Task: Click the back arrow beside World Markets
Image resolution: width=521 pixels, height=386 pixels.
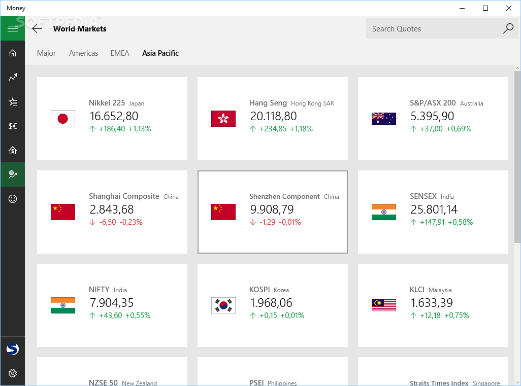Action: pyautogui.click(x=37, y=28)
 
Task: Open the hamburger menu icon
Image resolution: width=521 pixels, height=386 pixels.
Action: pyautogui.click(x=13, y=28)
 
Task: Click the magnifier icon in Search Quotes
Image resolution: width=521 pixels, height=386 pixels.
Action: pyautogui.click(x=508, y=28)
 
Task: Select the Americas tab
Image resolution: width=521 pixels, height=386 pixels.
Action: pyautogui.click(x=83, y=53)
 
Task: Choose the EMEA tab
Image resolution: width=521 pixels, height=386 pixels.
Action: pyautogui.click(x=120, y=53)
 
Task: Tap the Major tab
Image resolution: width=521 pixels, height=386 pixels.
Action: pyautogui.click(x=46, y=53)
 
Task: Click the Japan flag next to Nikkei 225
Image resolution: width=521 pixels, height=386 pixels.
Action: pyautogui.click(x=63, y=119)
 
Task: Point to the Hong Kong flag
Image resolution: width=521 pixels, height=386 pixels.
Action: pyautogui.click(x=223, y=119)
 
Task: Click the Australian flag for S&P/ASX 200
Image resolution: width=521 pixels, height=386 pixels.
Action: pyautogui.click(x=384, y=119)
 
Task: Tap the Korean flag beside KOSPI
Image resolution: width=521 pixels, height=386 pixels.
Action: pyautogui.click(x=223, y=305)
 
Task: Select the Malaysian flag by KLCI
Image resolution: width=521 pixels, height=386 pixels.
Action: pyautogui.click(x=384, y=305)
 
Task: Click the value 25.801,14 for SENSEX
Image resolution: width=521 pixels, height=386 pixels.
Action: pyautogui.click(x=434, y=209)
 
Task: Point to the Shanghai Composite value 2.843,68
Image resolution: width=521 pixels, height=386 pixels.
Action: pyautogui.click(x=111, y=209)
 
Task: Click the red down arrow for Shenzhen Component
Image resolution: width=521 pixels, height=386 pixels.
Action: pyautogui.click(x=253, y=222)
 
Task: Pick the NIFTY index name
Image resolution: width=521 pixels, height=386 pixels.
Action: pyautogui.click(x=99, y=290)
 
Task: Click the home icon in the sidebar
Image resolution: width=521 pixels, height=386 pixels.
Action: pyautogui.click(x=13, y=53)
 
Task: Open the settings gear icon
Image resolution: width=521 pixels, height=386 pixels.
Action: pyautogui.click(x=13, y=374)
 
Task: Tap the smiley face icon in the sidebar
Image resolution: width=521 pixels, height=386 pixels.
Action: pyautogui.click(x=13, y=199)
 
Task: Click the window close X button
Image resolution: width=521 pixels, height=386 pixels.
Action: pyautogui.click(x=509, y=8)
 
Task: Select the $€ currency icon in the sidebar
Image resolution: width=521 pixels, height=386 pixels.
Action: pyautogui.click(x=13, y=126)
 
